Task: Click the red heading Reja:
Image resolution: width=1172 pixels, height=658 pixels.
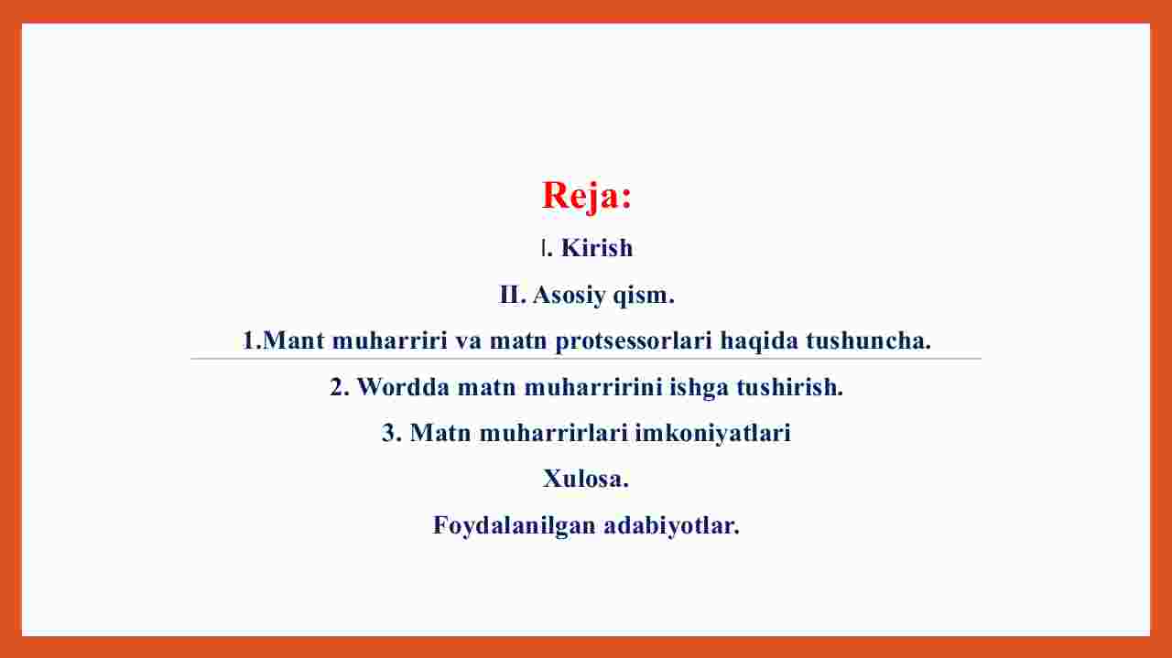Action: click(x=587, y=196)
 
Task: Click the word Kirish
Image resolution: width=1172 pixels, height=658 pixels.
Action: click(x=597, y=248)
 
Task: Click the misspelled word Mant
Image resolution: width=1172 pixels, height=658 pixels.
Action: click(x=293, y=340)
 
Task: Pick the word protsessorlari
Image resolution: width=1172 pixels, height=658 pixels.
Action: click(x=634, y=341)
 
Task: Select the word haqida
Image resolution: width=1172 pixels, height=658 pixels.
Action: click(x=759, y=341)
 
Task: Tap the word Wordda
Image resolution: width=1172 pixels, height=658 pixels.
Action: click(x=403, y=387)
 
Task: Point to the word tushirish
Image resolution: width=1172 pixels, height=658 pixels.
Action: click(x=790, y=387)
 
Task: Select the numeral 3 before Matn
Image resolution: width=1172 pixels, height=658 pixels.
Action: click(x=388, y=433)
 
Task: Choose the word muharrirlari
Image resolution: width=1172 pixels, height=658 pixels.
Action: click(x=553, y=433)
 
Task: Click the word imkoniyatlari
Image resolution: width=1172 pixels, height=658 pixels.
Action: click(x=712, y=434)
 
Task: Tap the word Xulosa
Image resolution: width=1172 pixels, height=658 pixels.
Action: click(x=585, y=479)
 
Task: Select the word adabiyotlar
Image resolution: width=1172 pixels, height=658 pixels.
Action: click(x=671, y=525)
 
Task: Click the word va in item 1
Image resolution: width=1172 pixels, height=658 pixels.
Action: click(x=468, y=341)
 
